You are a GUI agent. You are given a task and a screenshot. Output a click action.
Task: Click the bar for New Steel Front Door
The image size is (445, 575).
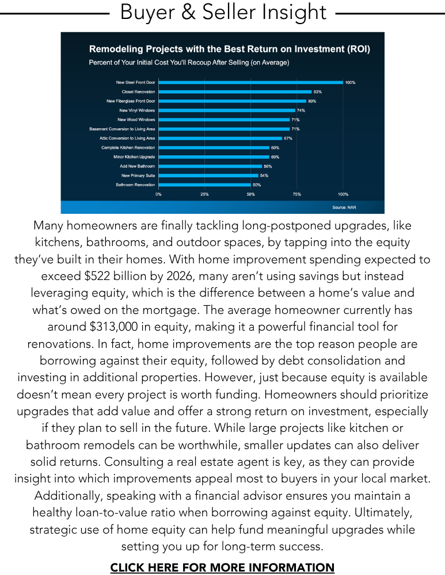pyautogui.click(x=250, y=82)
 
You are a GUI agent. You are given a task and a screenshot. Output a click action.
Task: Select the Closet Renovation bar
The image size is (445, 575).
pyautogui.click(x=235, y=91)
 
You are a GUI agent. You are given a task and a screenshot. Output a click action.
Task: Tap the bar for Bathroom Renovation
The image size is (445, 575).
pyautogui.click(x=204, y=185)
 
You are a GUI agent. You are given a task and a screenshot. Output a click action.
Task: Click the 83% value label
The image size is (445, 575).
pyautogui.click(x=318, y=91)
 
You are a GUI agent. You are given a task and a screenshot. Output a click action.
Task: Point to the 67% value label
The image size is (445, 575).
pyautogui.click(x=288, y=138)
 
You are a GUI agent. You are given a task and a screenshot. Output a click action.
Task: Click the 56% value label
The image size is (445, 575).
pyautogui.click(x=268, y=166)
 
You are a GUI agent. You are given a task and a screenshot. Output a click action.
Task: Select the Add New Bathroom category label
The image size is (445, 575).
pyautogui.click(x=137, y=166)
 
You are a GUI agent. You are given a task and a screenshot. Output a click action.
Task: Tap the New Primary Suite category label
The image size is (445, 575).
pyautogui.click(x=138, y=175)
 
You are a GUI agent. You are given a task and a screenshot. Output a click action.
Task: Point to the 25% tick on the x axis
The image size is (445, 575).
pyautogui.click(x=204, y=194)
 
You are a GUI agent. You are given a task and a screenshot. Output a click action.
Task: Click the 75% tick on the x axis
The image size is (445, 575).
pyautogui.click(x=296, y=194)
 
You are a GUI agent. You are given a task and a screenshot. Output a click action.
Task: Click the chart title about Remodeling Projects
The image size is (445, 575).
pyautogui.click(x=229, y=49)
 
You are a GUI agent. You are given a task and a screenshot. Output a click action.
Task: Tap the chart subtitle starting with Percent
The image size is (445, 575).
pyautogui.click(x=189, y=62)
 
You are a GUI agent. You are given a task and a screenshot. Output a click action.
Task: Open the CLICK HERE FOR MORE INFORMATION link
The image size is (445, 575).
pyautogui.click(x=222, y=568)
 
